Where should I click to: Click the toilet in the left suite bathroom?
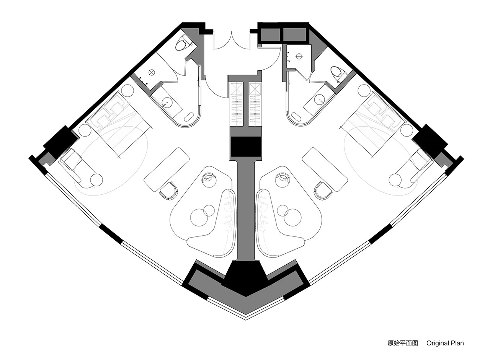(181, 45)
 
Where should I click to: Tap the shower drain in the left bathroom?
(152, 72)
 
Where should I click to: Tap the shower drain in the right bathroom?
(299, 56)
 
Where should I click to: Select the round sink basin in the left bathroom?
(166, 102)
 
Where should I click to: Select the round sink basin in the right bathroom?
(320, 101)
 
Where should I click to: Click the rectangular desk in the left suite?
(167, 169)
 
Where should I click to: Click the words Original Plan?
(445, 343)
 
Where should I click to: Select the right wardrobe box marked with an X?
(255, 89)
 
